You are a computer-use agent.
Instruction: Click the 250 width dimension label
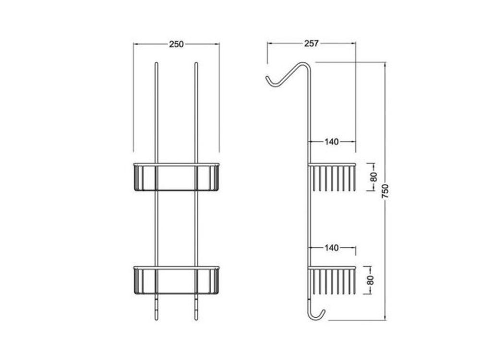point(176,44)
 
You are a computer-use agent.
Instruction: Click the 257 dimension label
point(312,44)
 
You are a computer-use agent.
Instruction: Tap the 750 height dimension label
point(385,191)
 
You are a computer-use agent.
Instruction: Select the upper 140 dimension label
point(332,142)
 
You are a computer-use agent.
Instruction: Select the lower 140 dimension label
point(332,247)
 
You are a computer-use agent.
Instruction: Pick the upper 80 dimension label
point(374,177)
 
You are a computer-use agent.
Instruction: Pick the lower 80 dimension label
point(371,280)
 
